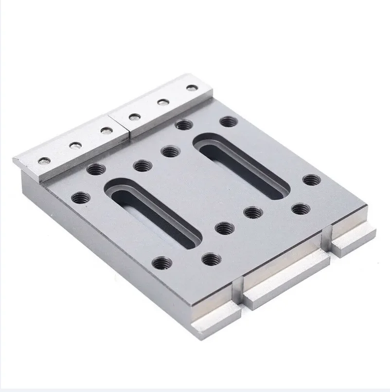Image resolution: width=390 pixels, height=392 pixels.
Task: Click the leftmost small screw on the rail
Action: (x=45, y=161)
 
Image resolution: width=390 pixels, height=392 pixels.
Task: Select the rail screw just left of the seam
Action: (x=105, y=131)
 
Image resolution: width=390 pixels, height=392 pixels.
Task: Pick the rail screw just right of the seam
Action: (x=132, y=117)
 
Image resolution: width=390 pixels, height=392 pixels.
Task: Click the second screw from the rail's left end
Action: (x=74, y=145)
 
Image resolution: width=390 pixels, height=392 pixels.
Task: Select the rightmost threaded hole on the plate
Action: (x=311, y=180)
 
